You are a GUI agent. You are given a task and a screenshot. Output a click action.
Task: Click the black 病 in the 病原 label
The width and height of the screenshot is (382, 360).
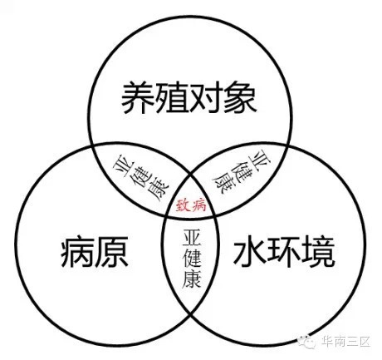(77, 251)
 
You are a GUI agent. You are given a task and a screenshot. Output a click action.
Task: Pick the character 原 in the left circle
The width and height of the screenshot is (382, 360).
(111, 251)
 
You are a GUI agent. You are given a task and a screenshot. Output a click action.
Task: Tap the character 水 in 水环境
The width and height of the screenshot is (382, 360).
(250, 253)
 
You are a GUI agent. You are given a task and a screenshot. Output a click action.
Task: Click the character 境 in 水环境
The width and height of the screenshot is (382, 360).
(317, 253)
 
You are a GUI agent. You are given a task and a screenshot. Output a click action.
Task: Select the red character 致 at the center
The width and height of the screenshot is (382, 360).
(184, 205)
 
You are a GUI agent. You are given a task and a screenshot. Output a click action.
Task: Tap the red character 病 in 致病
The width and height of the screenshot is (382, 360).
(198, 205)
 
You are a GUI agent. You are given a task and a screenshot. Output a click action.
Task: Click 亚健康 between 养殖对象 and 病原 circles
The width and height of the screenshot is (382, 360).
(141, 180)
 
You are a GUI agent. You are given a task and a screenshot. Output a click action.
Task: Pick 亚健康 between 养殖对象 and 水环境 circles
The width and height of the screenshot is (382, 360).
(242, 172)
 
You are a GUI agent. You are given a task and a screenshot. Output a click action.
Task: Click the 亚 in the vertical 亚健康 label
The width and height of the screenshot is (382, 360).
(192, 238)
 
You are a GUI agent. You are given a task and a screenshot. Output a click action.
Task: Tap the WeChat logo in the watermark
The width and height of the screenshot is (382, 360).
(306, 342)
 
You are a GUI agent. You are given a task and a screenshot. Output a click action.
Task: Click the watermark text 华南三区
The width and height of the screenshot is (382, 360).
(345, 342)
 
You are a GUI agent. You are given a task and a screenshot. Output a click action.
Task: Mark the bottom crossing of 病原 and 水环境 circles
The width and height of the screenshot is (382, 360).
(191, 313)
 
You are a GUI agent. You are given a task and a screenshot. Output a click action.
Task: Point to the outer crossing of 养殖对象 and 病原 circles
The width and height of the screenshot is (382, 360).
(91, 146)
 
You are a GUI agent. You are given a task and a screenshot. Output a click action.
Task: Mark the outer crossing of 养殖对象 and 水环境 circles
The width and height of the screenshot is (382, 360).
(289, 146)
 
